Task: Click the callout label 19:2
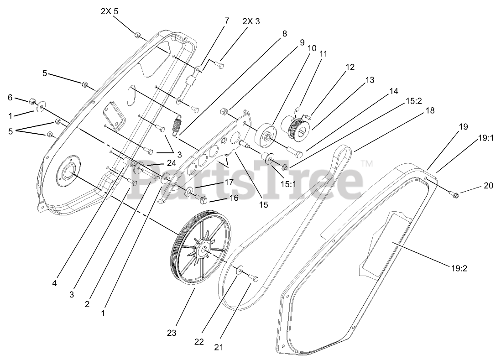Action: tap(459, 268)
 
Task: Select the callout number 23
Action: tap(171, 333)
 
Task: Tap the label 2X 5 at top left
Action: tap(110, 11)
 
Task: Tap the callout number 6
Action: tap(10, 97)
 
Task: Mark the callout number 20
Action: tap(488, 186)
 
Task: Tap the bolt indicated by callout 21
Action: tap(253, 277)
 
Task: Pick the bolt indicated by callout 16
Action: tap(203, 199)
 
